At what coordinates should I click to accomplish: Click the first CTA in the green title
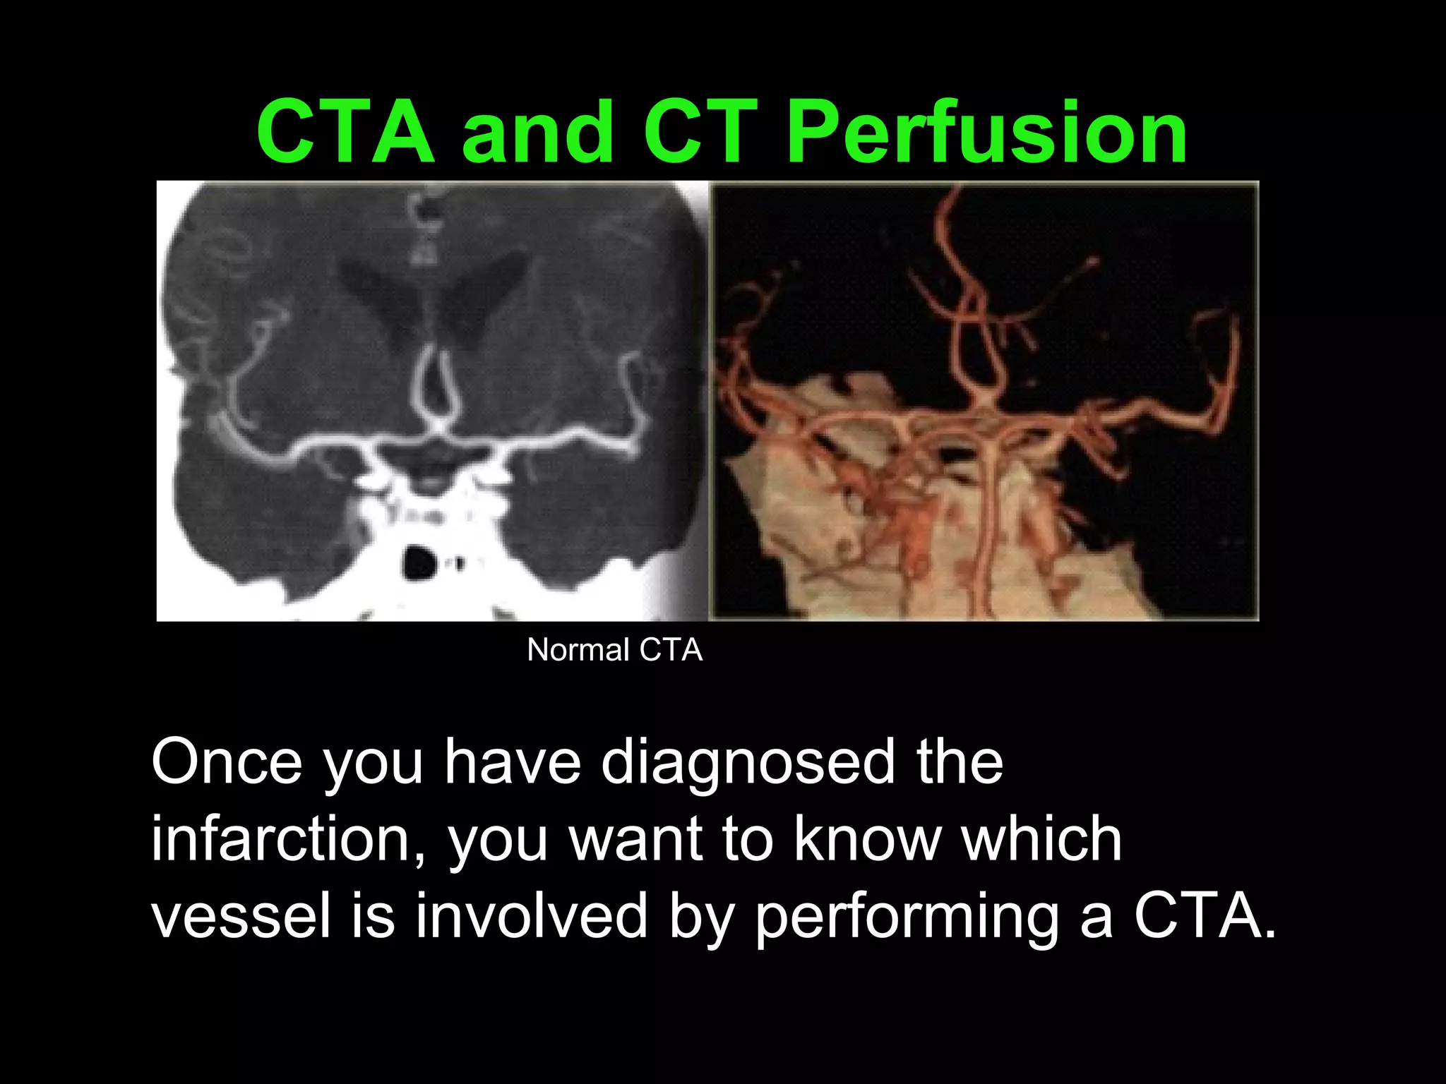click(x=345, y=132)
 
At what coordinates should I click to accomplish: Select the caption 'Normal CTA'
click(x=614, y=650)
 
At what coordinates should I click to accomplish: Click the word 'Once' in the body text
click(x=226, y=761)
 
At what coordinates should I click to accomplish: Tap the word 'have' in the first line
click(x=512, y=761)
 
